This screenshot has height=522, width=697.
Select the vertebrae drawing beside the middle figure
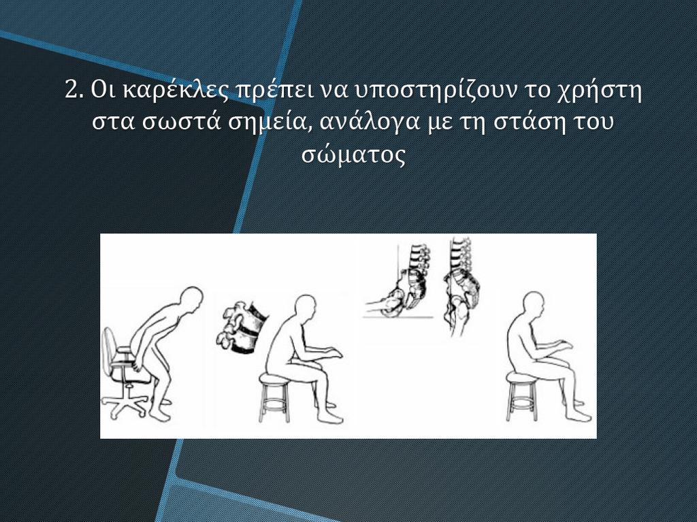click(242, 327)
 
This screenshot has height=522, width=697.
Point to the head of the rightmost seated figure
click(533, 305)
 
